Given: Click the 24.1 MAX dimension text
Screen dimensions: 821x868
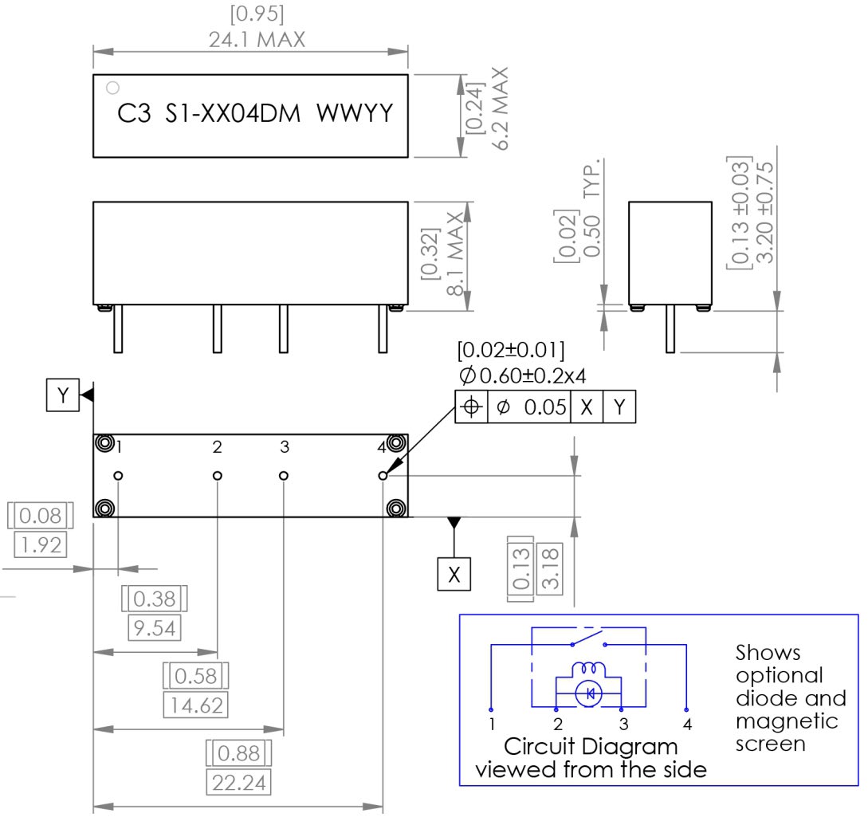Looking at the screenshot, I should coord(257,39).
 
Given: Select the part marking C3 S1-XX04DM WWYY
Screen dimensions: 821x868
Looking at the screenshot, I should coord(255,115).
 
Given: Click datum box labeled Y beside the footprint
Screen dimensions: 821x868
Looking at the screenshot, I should coord(63,395).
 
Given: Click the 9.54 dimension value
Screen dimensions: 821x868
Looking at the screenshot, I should coord(154,628).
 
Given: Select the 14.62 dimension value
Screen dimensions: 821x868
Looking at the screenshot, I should coord(195,705).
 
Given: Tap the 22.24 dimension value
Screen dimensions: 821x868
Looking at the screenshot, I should coord(238,783).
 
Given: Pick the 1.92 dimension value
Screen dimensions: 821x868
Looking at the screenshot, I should coord(40,545).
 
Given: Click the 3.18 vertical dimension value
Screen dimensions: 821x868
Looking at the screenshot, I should coord(551,568).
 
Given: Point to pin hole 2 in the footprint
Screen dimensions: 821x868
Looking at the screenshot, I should coord(218,476).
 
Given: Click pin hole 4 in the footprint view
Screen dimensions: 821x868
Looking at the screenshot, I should coord(383,476).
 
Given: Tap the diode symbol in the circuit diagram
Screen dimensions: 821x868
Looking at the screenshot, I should coord(590,694).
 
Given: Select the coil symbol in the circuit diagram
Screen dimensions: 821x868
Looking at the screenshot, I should coord(591,669).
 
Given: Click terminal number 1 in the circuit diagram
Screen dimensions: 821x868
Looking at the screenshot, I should coord(493,725).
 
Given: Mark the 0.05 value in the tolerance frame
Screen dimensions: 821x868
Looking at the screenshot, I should coord(545,407).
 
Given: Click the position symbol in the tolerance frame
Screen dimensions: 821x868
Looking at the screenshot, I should coord(471,407).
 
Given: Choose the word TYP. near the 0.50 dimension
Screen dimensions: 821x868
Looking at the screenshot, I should coord(594,178).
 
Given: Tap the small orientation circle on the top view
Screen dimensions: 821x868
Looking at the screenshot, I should coord(113,86).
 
